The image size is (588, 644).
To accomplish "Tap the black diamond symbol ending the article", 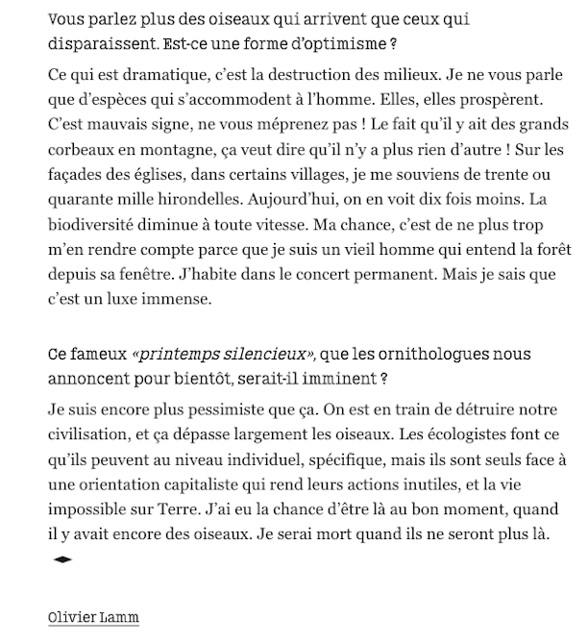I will tap(62, 558).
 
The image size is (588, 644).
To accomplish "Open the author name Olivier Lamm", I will tap(93, 616).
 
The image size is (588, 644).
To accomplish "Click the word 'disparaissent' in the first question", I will tap(97, 44).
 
